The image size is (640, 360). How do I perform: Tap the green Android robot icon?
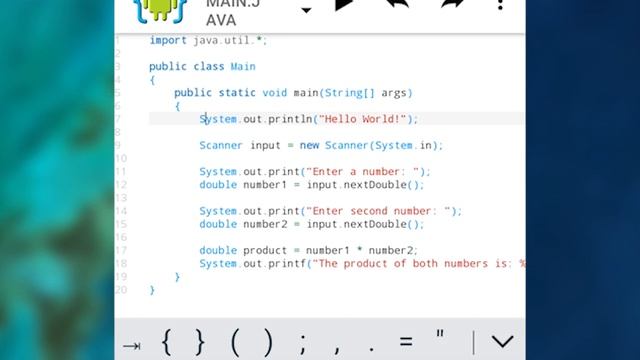(x=158, y=9)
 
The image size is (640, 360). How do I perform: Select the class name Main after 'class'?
(x=243, y=67)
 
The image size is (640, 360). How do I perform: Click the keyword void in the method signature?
(x=274, y=93)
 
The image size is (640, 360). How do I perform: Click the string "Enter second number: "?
(x=384, y=211)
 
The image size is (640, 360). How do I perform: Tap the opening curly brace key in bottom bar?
(x=167, y=342)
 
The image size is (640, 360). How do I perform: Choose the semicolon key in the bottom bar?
(x=303, y=342)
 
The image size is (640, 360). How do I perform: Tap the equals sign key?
(x=405, y=342)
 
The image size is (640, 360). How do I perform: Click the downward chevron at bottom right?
(x=502, y=342)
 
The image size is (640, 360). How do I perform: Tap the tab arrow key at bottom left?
(x=132, y=343)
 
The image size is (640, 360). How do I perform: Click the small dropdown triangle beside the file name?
(x=306, y=11)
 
